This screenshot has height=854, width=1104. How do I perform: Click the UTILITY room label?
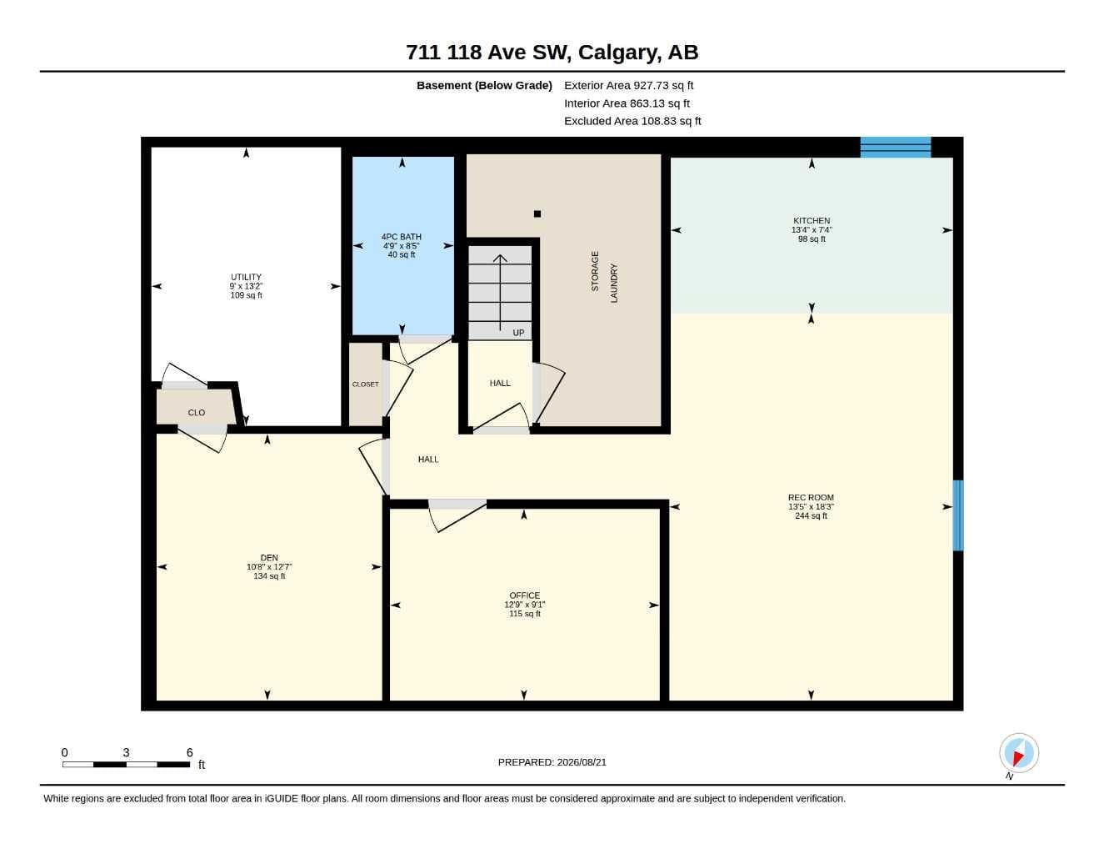[x=246, y=277]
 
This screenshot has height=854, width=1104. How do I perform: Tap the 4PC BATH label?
[x=402, y=236]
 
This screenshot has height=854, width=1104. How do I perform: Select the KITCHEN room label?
[x=812, y=221]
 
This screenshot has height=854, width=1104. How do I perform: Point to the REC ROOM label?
[x=811, y=498]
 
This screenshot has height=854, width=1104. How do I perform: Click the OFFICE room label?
[x=524, y=595]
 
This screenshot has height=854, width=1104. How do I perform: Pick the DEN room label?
[x=269, y=558]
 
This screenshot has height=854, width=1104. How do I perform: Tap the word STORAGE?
[x=595, y=271]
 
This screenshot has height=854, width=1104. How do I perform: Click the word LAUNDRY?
[x=614, y=284]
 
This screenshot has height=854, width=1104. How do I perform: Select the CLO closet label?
[x=197, y=413]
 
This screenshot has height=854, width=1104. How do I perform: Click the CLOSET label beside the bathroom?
[x=365, y=384]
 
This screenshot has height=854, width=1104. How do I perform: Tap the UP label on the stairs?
[x=518, y=333]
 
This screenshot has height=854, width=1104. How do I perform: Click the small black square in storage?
[x=537, y=214]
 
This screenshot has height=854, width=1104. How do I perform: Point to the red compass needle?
[x=1017, y=758]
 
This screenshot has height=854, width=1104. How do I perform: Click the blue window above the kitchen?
[x=895, y=148]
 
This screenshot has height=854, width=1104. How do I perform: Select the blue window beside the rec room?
[x=957, y=515]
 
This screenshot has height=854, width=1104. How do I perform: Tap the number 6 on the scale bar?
[x=189, y=752]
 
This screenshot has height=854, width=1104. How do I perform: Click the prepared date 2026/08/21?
[x=582, y=762]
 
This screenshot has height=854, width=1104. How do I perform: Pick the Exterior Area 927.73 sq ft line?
[x=628, y=85]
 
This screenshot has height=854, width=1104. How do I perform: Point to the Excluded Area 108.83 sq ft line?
[x=632, y=121]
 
